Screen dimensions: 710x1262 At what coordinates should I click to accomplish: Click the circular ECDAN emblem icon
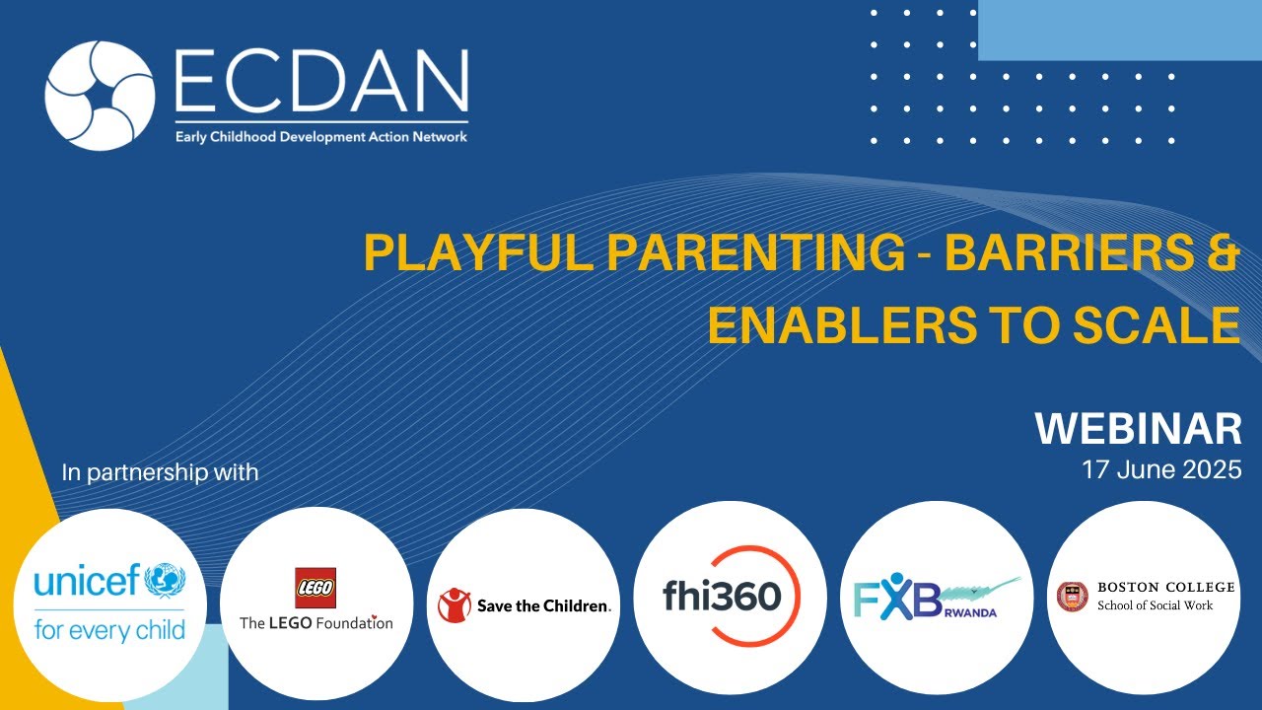point(100,96)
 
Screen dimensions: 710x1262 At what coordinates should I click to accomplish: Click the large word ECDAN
point(320,81)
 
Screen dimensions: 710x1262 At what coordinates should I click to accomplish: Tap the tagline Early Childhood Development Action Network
point(320,137)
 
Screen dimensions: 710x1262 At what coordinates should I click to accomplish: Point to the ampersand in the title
point(1224,254)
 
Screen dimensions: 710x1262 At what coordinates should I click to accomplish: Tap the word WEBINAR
point(1138,429)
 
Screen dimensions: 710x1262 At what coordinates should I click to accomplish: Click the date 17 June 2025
point(1160,470)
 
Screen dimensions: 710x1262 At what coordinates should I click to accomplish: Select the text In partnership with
point(160,472)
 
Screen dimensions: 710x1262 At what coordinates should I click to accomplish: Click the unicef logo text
point(89,582)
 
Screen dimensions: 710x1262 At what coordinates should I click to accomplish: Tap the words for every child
point(109,629)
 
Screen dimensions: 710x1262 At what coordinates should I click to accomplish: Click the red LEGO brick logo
point(315,588)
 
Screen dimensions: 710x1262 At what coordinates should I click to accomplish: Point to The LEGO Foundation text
point(315,622)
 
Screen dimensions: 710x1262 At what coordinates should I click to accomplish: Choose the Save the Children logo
point(526,605)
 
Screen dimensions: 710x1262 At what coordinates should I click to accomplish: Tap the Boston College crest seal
point(1073,596)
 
